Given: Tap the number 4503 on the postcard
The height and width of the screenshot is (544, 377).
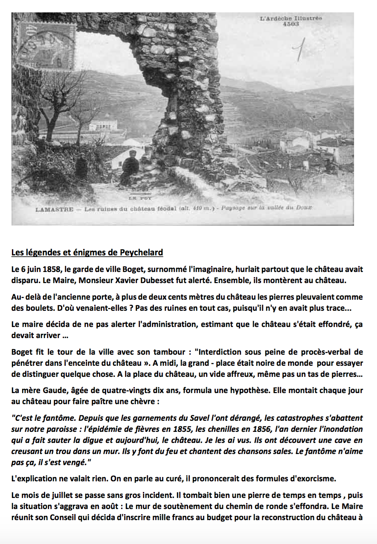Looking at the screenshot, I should tap(291, 24).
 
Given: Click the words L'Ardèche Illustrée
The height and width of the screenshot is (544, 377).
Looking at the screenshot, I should tap(291, 18).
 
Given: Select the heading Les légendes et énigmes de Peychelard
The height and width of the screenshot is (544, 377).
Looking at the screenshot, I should tap(87, 252).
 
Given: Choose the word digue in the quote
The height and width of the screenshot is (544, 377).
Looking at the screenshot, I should tap(88, 440).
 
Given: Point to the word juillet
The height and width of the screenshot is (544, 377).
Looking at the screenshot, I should tap(67, 496).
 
